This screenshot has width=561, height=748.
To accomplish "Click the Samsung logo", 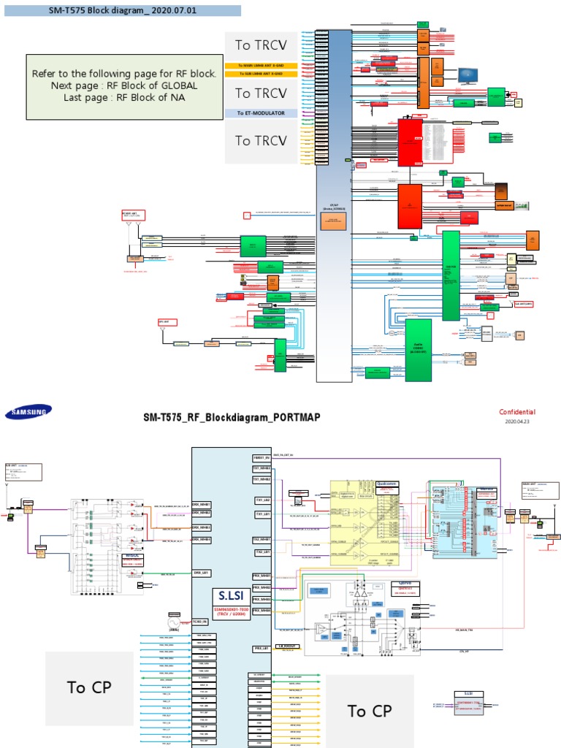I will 29,413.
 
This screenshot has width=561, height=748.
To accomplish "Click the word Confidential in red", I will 516,412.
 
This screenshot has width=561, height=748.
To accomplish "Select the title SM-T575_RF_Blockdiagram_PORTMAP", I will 231,416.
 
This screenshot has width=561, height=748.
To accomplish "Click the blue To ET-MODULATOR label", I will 261,113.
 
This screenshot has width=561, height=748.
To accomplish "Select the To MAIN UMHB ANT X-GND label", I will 261,66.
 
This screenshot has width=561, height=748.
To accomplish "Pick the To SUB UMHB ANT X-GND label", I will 261,74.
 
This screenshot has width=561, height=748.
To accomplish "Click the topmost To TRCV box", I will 261,45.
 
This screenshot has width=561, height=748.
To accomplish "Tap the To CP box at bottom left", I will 89,687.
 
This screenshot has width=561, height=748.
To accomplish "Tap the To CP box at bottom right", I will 369,711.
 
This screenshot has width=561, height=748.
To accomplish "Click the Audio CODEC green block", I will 418,350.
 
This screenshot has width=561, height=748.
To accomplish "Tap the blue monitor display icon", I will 467,75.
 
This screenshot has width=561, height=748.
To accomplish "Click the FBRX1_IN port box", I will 262,457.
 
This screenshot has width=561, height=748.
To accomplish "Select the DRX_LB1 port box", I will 202,573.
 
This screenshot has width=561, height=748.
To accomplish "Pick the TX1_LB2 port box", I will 262,500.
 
